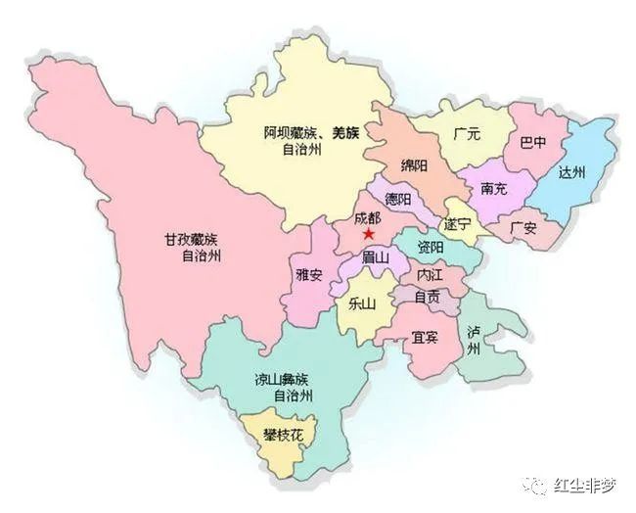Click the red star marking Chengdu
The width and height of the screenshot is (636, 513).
tap(368, 235)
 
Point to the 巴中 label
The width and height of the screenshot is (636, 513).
tap(534, 142)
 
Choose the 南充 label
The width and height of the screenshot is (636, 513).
tap(494, 188)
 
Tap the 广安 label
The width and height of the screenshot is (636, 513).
tap(524, 228)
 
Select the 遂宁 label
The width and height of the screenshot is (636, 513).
tap(457, 224)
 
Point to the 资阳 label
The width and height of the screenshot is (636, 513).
tap(430, 246)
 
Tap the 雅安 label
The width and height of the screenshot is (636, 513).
tap(309, 275)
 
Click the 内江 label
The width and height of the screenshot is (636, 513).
tap(430, 275)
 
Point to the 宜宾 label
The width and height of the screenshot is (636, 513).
tap(424, 338)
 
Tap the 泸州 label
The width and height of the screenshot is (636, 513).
tap(475, 340)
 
